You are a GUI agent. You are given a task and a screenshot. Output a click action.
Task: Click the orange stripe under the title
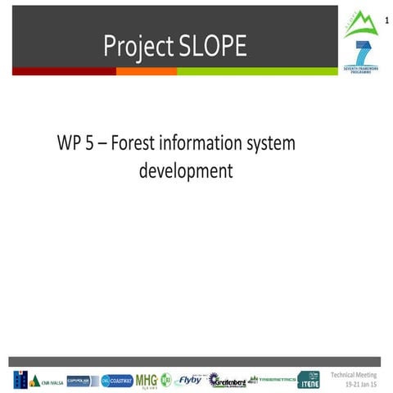(146, 71)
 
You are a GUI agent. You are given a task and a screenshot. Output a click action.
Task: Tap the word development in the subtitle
(186, 171)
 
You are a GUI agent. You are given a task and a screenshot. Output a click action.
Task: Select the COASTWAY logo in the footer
(116, 380)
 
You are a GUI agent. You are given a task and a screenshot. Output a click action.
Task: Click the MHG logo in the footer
(147, 380)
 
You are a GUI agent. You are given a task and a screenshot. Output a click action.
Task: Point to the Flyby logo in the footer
(189, 380)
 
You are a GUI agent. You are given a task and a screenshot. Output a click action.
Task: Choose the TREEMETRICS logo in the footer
(272, 379)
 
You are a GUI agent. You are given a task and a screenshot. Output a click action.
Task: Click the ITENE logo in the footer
(309, 380)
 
